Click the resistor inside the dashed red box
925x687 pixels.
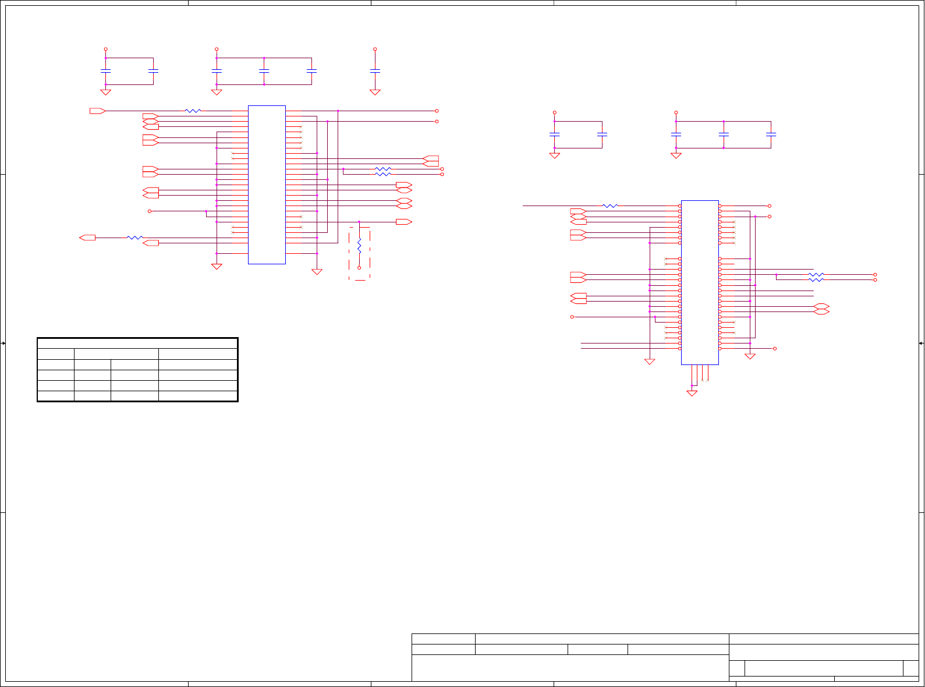tap(359, 246)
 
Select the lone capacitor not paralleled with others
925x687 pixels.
tap(375, 71)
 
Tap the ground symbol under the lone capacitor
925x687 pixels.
tap(375, 92)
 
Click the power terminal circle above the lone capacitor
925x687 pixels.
tap(375, 49)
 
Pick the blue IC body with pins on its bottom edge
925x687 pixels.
tap(700, 282)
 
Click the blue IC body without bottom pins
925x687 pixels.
tap(267, 185)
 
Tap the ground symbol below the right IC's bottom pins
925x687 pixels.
tap(692, 394)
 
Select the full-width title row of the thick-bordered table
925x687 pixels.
tap(137, 343)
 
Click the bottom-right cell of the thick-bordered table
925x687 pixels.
tap(198, 396)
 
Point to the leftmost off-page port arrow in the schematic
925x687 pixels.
tap(87, 238)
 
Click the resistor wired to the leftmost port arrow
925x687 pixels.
tap(134, 238)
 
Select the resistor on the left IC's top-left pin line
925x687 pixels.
tap(193, 111)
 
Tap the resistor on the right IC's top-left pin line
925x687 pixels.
tap(610, 206)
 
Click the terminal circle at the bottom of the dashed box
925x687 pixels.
tap(359, 268)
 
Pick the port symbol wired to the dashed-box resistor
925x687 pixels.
tap(403, 222)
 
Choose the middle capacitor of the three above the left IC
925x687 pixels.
tap(264, 71)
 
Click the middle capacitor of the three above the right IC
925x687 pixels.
tap(724, 134)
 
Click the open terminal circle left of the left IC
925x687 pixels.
tap(150, 211)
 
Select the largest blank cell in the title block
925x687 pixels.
tap(570, 668)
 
